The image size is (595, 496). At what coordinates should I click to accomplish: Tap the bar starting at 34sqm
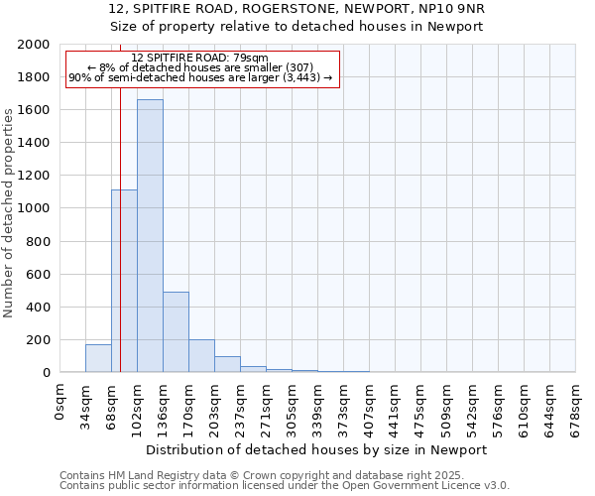(x=98, y=358)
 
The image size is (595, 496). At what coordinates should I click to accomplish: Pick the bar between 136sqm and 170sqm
(x=176, y=332)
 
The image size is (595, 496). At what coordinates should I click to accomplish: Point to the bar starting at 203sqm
(x=227, y=364)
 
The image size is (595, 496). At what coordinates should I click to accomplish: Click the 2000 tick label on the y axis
(x=35, y=45)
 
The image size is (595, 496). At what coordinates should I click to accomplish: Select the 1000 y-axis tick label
(x=35, y=208)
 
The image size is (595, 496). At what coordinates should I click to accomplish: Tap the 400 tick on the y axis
(x=39, y=307)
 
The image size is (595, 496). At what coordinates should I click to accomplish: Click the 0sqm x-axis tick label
(x=60, y=401)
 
